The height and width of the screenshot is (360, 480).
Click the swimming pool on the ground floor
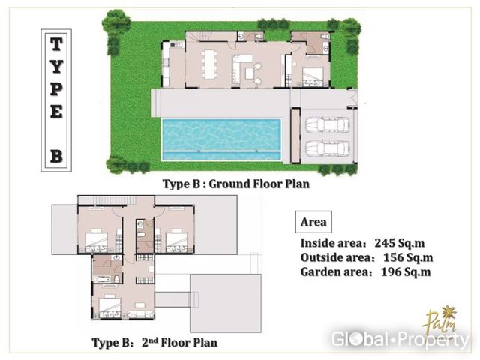point(221,139)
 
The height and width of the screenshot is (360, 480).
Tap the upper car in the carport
point(328,124)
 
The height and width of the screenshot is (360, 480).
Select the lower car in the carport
point(328,148)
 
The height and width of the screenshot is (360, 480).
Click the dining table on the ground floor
point(210,64)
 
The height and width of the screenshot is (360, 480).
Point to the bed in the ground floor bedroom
point(313,76)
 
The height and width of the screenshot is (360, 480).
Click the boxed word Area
point(313,222)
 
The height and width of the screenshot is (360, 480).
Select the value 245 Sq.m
point(400,243)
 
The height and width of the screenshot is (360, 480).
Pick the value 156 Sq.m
point(408,257)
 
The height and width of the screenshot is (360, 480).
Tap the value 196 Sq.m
point(406,271)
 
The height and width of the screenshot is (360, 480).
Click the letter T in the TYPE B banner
point(56,44)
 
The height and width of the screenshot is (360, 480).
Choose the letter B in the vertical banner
point(56,157)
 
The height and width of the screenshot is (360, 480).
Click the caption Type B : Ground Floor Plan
point(236,184)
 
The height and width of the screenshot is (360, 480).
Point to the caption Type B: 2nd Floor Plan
point(155,342)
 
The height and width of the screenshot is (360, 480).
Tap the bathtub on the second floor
point(102,279)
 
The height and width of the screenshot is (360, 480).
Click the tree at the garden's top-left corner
point(116,22)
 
